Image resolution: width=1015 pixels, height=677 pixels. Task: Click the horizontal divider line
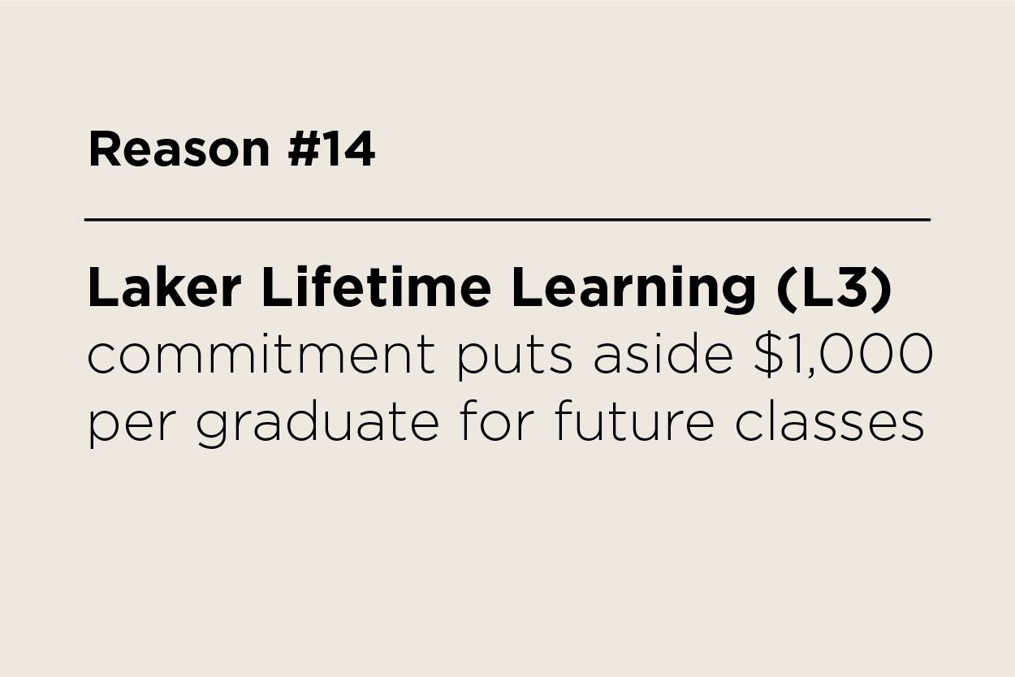pos(508,219)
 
